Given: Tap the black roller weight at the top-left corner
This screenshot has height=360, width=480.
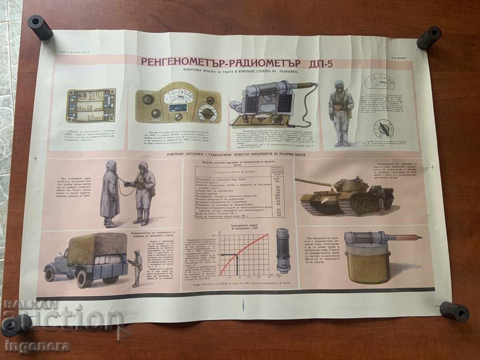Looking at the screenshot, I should click(40, 27).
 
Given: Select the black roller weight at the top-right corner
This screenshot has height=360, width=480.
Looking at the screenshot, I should click(429, 38).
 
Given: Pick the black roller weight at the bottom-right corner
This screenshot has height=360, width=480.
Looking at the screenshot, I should click(454, 312).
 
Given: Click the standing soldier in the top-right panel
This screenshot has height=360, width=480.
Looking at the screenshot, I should click(341, 112).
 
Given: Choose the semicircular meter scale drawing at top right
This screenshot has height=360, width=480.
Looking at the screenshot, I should click(380, 82).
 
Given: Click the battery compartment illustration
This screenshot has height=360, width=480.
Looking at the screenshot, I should click(91, 106).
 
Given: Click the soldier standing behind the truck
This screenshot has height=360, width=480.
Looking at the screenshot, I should click(136, 267).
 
